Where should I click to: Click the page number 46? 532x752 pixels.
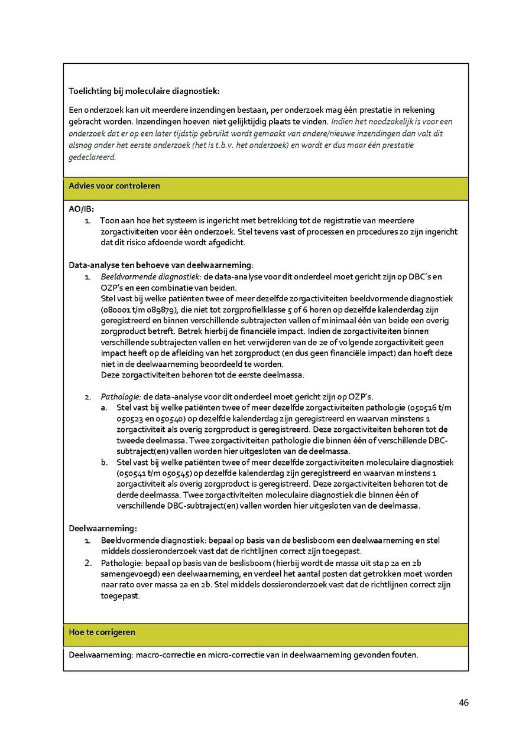(x=463, y=702)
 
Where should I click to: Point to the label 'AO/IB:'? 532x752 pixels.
(x=82, y=209)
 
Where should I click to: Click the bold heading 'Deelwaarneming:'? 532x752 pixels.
(x=103, y=528)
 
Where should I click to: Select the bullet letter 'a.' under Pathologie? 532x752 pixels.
(x=104, y=407)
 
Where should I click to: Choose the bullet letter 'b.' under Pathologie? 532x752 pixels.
(x=104, y=462)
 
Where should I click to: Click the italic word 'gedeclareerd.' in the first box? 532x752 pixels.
(x=93, y=157)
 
